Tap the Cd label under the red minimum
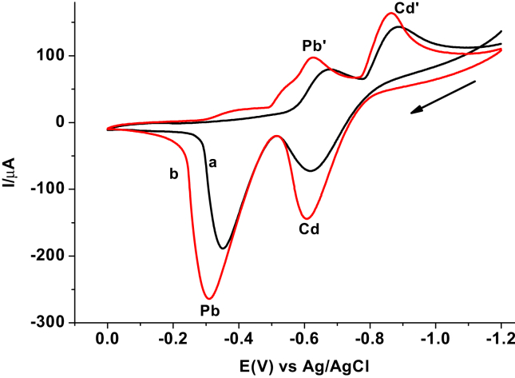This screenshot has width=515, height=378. (x=311, y=229)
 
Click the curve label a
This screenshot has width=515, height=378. (x=212, y=162)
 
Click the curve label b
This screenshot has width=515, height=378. (x=172, y=173)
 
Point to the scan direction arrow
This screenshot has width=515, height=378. (x=443, y=97)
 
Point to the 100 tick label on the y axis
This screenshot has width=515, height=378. (x=55, y=56)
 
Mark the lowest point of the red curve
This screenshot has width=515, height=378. (x=210, y=298)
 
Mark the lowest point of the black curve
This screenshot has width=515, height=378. (x=224, y=249)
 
